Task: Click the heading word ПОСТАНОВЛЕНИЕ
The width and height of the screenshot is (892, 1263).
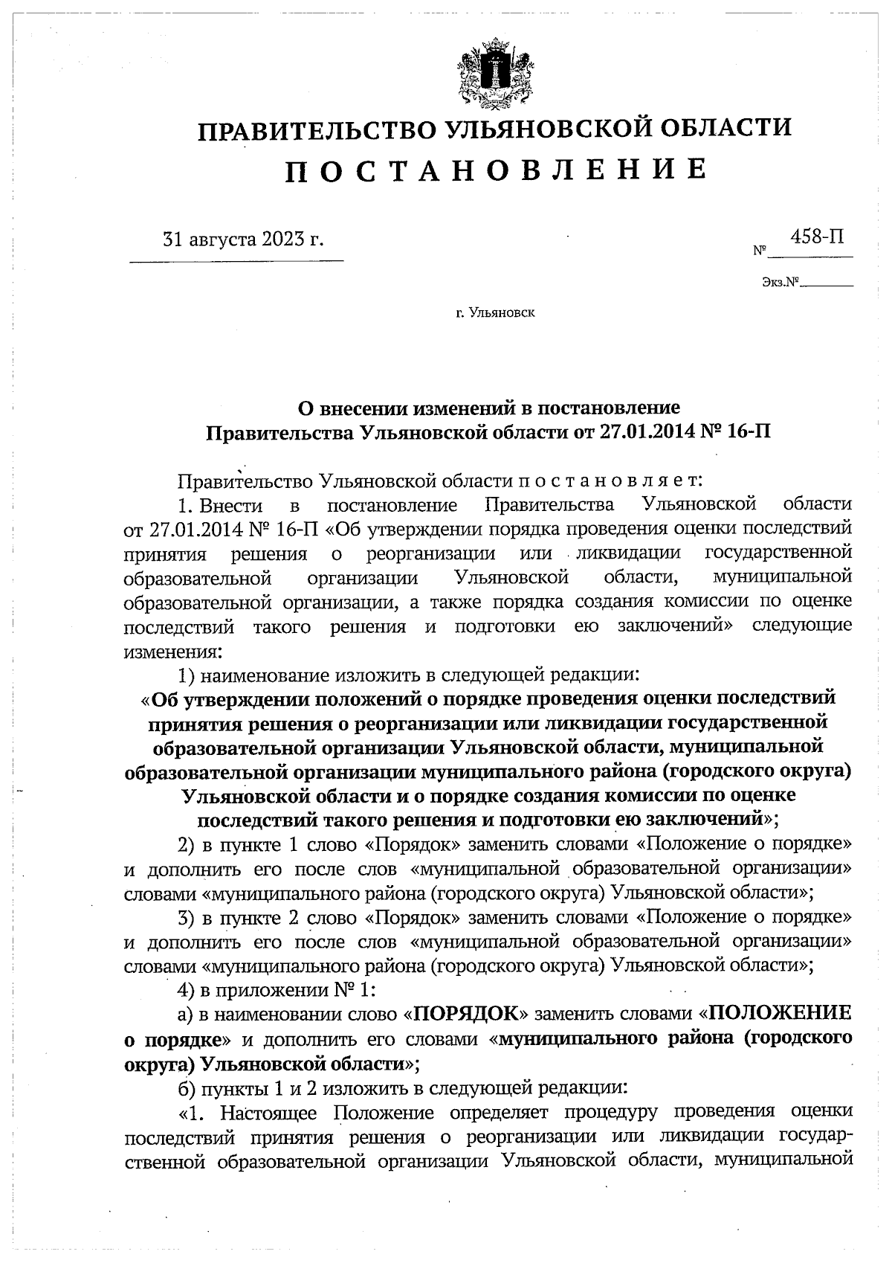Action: point(496,170)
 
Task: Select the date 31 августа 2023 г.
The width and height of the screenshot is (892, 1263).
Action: point(243,240)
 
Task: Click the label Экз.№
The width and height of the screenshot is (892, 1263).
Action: point(780,283)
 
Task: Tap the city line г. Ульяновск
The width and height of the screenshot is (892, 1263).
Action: point(495,312)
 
